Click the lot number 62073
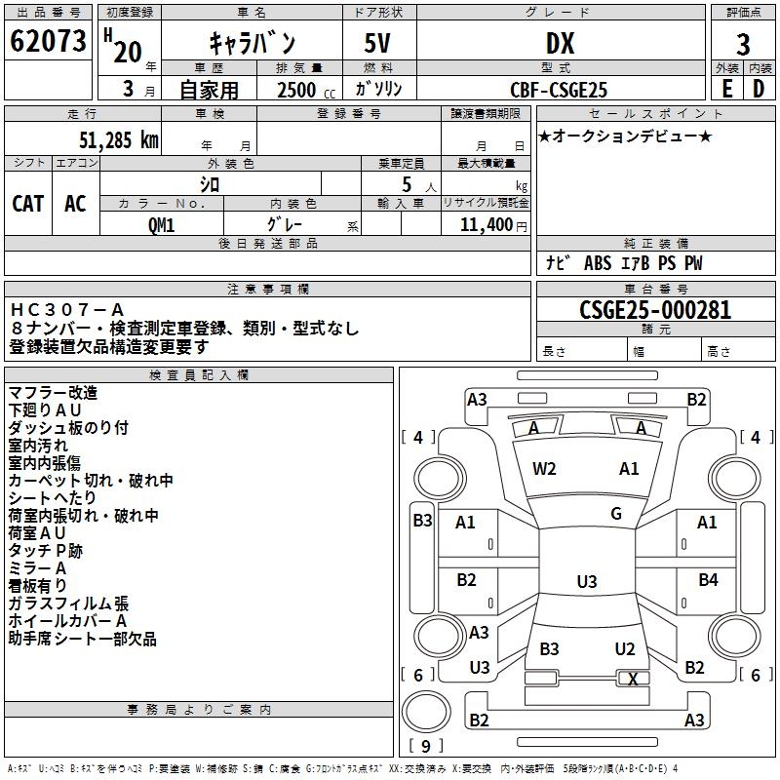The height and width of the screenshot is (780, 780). pos(49,42)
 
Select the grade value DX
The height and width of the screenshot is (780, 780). pos(560,43)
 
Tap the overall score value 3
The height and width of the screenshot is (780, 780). pos(743,44)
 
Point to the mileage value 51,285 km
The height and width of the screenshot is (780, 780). pos(113,139)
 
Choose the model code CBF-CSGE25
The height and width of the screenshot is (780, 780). pos(559,90)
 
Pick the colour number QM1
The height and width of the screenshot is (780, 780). pos(161,224)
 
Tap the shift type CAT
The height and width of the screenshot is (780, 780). pos(27,204)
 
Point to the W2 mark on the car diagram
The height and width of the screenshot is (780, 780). pos(544,469)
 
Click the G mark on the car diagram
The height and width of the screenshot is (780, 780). pos(616,514)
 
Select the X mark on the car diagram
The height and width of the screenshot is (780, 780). pos(634,679)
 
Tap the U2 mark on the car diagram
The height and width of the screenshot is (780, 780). pos(625,648)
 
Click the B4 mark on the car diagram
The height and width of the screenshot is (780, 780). pos(708,580)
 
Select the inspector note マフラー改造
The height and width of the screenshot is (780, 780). pos(54,392)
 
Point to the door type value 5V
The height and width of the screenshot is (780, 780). pos(379,43)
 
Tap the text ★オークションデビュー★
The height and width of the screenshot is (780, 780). pos(625,136)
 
